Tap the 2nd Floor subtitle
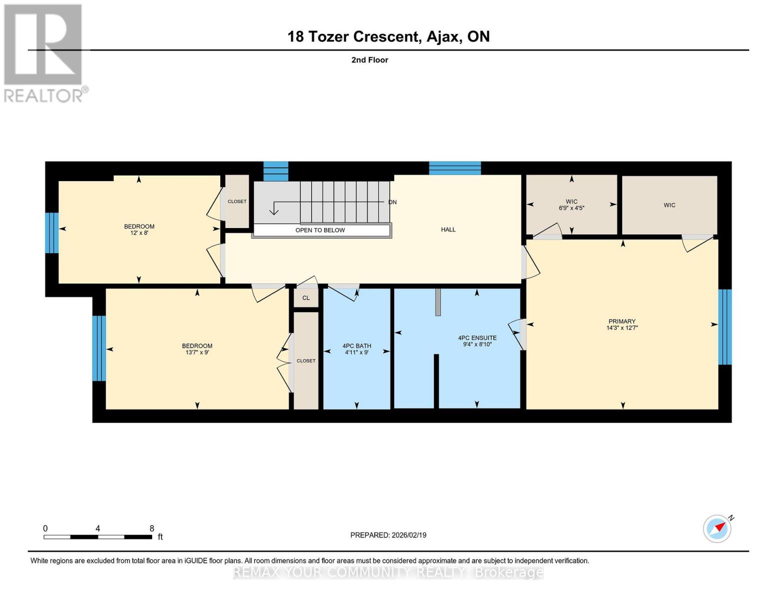tap(370, 60)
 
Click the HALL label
tap(448, 229)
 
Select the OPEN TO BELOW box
tap(321, 230)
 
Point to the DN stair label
tap(392, 202)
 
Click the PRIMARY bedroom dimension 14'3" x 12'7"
tap(622, 328)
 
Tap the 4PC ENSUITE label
tap(477, 338)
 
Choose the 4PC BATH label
tap(357, 346)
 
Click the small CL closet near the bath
tap(306, 298)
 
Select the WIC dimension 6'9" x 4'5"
tap(571, 208)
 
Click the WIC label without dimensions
tap(669, 205)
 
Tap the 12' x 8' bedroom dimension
tap(139, 233)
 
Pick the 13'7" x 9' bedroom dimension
tap(197, 352)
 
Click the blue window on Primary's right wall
tap(725, 327)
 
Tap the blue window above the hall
tap(455, 168)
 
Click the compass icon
tap(717, 528)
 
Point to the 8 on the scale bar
tap(152, 528)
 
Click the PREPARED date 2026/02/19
tap(388, 535)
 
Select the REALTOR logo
tap(44, 53)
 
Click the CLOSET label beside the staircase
tap(237, 201)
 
